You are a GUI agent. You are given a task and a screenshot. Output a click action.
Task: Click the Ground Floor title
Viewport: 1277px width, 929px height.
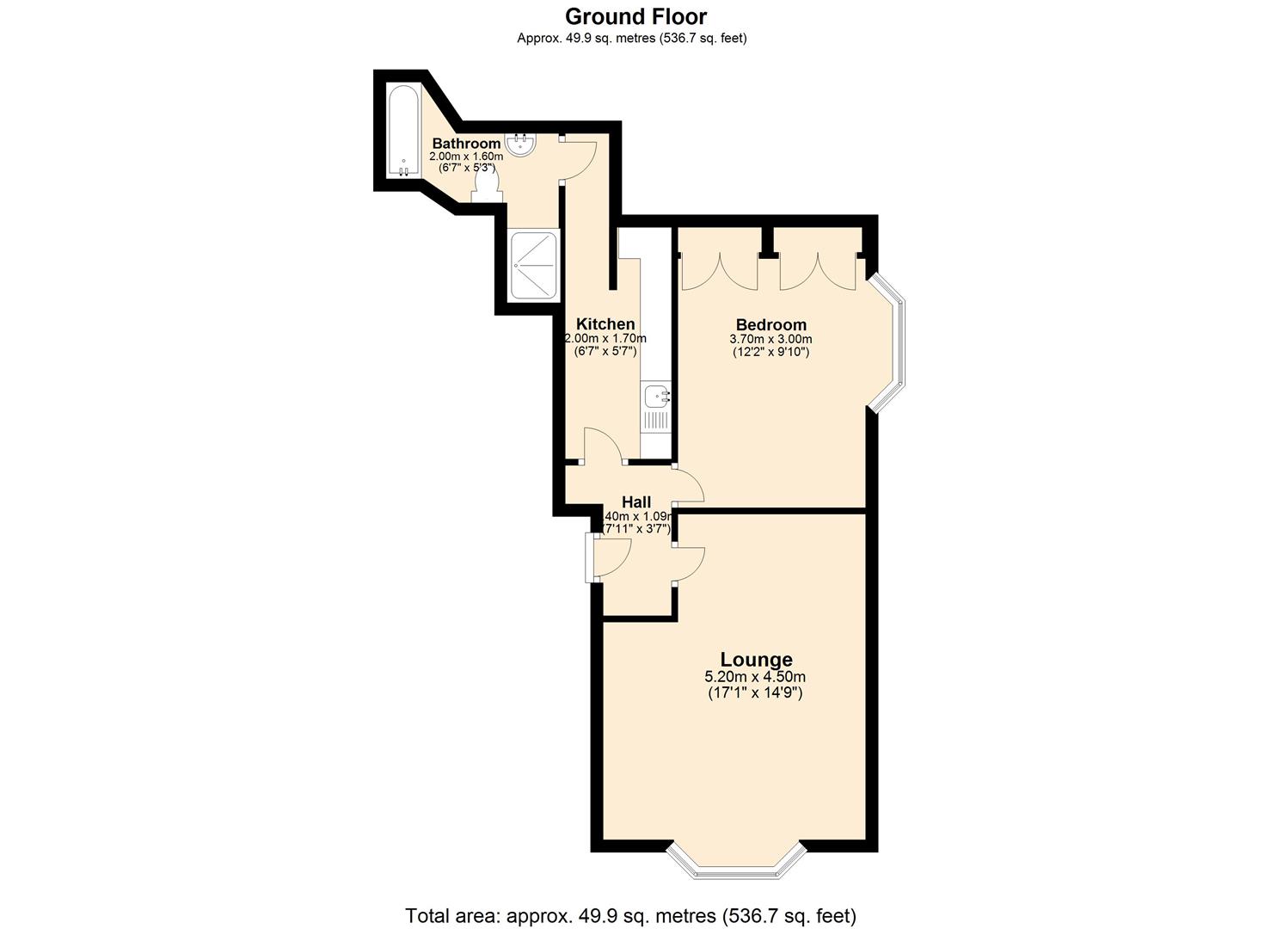pyautogui.click(x=635, y=15)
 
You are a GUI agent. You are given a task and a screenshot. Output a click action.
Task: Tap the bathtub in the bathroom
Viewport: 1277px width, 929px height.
pyautogui.click(x=402, y=131)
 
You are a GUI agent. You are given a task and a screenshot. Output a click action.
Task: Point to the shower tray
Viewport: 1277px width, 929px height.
pyautogui.click(x=533, y=265)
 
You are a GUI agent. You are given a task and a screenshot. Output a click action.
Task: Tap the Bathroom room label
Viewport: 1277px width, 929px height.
pyautogui.click(x=466, y=143)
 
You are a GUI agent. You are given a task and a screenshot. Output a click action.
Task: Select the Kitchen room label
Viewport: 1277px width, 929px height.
pyautogui.click(x=605, y=323)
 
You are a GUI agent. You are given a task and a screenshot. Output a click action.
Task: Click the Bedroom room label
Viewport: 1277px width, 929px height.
pyautogui.click(x=770, y=324)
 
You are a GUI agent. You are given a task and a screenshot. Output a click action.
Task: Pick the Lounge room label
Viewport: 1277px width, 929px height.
pyautogui.click(x=756, y=659)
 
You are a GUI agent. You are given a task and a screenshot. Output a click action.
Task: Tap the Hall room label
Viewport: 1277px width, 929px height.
pyautogui.click(x=636, y=501)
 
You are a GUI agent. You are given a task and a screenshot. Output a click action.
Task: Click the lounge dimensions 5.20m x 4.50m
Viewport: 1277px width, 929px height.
pyautogui.click(x=756, y=678)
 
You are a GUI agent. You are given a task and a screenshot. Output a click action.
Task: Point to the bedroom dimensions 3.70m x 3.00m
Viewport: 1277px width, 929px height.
pyautogui.click(x=770, y=339)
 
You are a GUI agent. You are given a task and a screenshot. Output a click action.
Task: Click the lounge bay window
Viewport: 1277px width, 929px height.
pyautogui.click(x=737, y=864)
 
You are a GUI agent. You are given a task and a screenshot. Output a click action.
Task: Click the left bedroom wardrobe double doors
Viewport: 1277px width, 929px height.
pyautogui.click(x=720, y=271)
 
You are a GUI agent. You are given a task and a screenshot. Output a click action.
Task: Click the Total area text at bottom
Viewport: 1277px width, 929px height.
pyautogui.click(x=630, y=915)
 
